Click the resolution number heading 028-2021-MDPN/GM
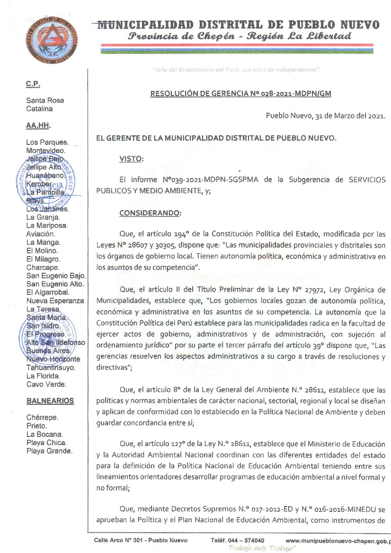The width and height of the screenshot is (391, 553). [240, 93]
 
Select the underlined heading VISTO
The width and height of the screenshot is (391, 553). [131, 159]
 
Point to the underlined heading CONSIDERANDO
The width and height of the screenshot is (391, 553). [150, 213]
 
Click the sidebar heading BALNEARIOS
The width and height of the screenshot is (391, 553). [50, 401]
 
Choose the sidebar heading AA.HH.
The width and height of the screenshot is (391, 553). [38, 126]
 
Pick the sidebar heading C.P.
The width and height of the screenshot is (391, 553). [33, 84]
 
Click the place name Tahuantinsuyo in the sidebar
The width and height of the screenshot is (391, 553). [51, 367]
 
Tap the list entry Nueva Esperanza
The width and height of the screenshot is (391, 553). [55, 301]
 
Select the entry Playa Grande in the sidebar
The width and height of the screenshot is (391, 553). [50, 451]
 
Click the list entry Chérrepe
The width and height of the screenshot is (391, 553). [43, 418]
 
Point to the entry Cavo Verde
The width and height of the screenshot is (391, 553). [46, 384]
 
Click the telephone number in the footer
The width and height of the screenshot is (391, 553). [238, 541]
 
